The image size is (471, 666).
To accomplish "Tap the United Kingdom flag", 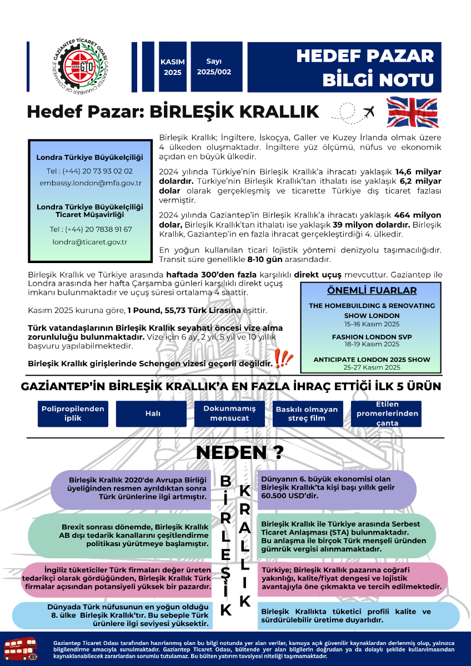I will point(412,112).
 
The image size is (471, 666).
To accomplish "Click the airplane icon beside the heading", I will point(368,112).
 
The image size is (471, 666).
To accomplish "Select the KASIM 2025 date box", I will point(172,67).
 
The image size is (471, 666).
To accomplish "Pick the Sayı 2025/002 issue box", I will point(214,67).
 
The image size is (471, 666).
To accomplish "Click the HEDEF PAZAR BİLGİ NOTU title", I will point(364,67).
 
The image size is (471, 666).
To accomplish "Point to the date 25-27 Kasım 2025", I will point(372,367).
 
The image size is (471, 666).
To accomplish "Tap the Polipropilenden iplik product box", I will point(73,413).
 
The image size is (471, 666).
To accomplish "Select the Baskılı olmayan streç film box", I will point(306,413).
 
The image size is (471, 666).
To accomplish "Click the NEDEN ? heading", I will point(239,452).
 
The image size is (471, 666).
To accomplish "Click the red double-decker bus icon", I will point(21,648).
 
